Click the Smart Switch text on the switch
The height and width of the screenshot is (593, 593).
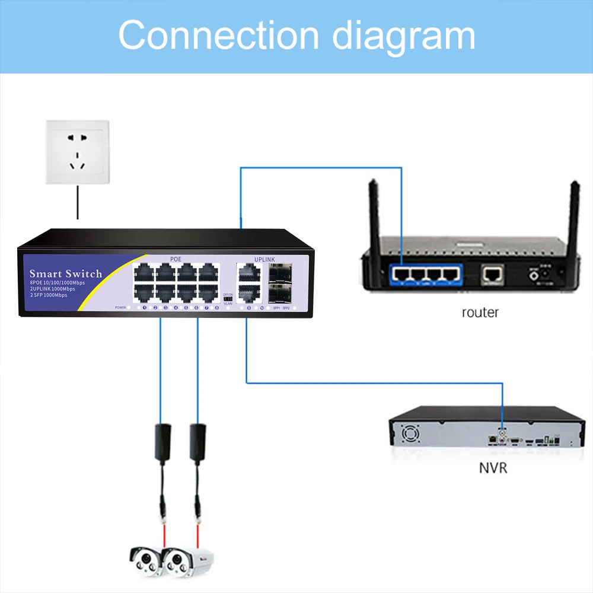(66, 273)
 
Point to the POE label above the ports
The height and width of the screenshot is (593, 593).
(176, 259)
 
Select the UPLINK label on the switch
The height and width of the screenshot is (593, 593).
(264, 259)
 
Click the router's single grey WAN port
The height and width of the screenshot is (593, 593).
(493, 273)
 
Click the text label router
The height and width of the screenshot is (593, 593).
(480, 313)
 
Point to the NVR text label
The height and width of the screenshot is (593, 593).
(493, 468)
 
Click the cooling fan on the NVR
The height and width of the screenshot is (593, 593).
(410, 435)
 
